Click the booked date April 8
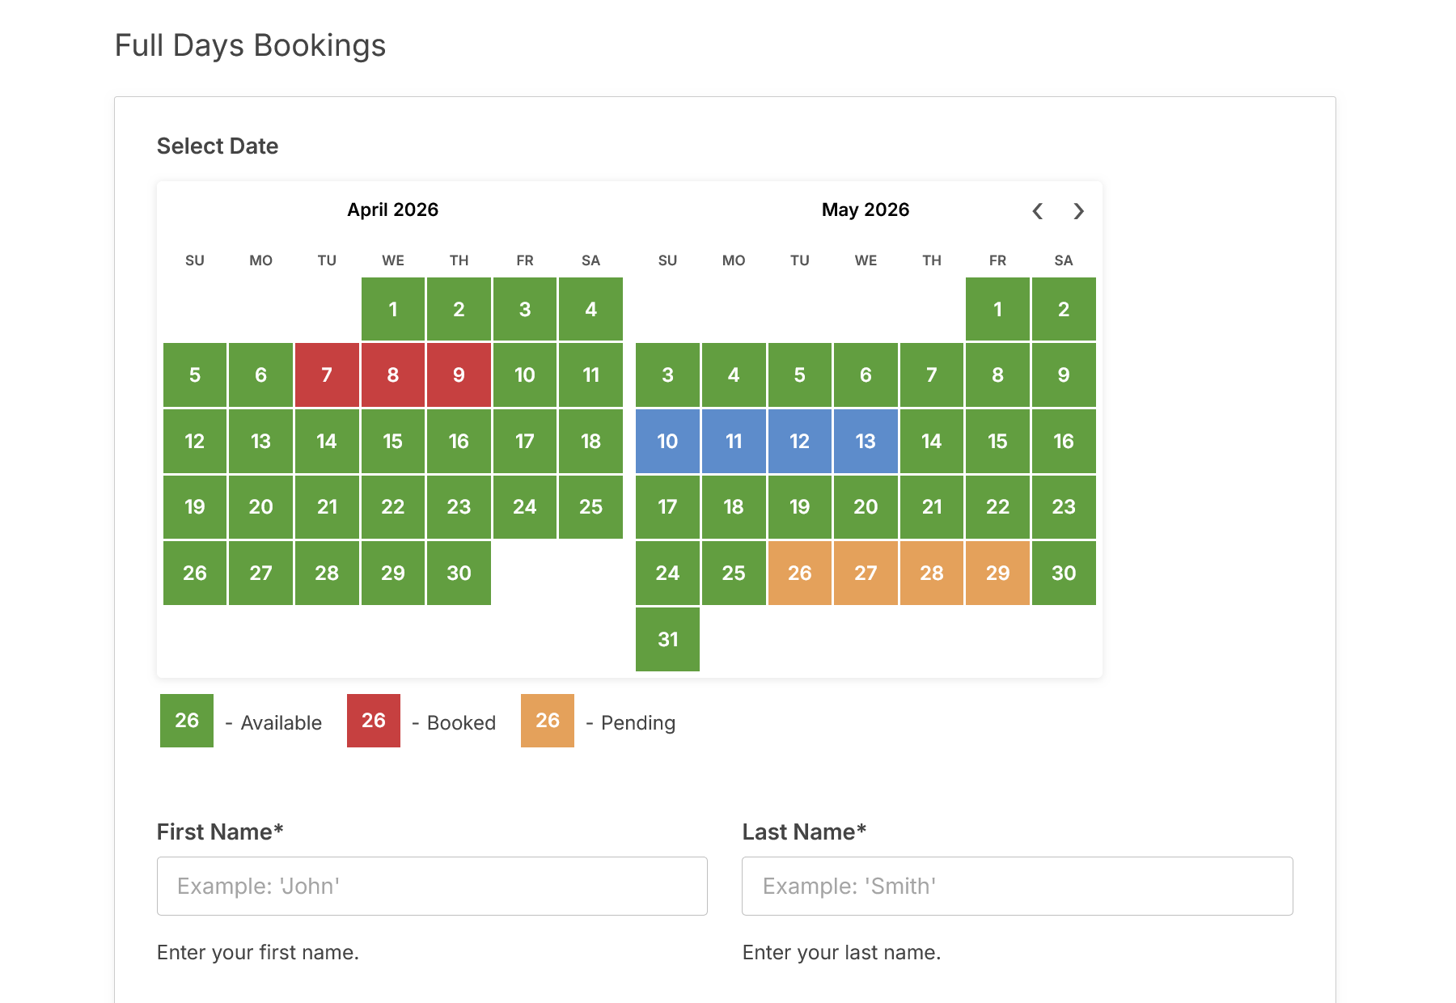point(392,375)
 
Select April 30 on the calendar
point(459,573)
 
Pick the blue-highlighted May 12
point(799,441)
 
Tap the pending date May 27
point(866,573)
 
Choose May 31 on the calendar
point(667,639)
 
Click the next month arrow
point(1078,211)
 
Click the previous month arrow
point(1038,211)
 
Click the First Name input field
point(432,886)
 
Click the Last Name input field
point(1017,886)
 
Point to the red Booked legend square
point(373,721)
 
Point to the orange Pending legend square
point(547,721)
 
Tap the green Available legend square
point(187,721)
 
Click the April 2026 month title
point(392,209)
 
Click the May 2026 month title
point(865,209)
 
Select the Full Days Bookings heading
point(250,45)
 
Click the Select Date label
point(218,146)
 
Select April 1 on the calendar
point(392,309)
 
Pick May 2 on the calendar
point(1063,309)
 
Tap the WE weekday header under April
point(392,260)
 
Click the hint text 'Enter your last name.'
point(841,952)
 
